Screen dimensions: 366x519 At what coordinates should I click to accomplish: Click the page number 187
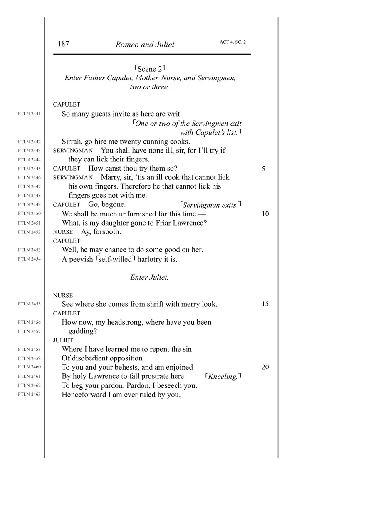click(x=63, y=44)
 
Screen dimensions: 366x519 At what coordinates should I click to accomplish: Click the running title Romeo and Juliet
click(x=145, y=45)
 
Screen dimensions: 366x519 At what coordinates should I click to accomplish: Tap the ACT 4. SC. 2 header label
click(x=232, y=42)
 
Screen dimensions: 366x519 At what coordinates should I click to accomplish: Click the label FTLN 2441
click(x=29, y=114)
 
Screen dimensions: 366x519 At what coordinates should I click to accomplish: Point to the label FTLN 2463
click(x=29, y=394)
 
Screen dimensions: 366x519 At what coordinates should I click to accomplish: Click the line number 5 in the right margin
click(x=263, y=169)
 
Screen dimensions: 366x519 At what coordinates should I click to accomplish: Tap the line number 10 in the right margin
click(x=265, y=214)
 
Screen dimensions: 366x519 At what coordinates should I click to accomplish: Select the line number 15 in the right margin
click(x=265, y=304)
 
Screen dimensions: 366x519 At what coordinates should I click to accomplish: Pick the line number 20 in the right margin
click(x=265, y=367)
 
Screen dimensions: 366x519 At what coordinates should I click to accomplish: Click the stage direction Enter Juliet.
click(x=149, y=277)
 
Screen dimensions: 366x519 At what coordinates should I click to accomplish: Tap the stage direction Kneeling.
click(x=223, y=377)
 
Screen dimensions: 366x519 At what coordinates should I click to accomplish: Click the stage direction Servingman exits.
click(x=210, y=205)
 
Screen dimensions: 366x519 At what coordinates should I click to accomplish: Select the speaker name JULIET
click(x=63, y=340)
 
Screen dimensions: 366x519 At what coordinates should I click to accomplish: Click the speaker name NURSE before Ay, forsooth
click(x=63, y=232)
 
